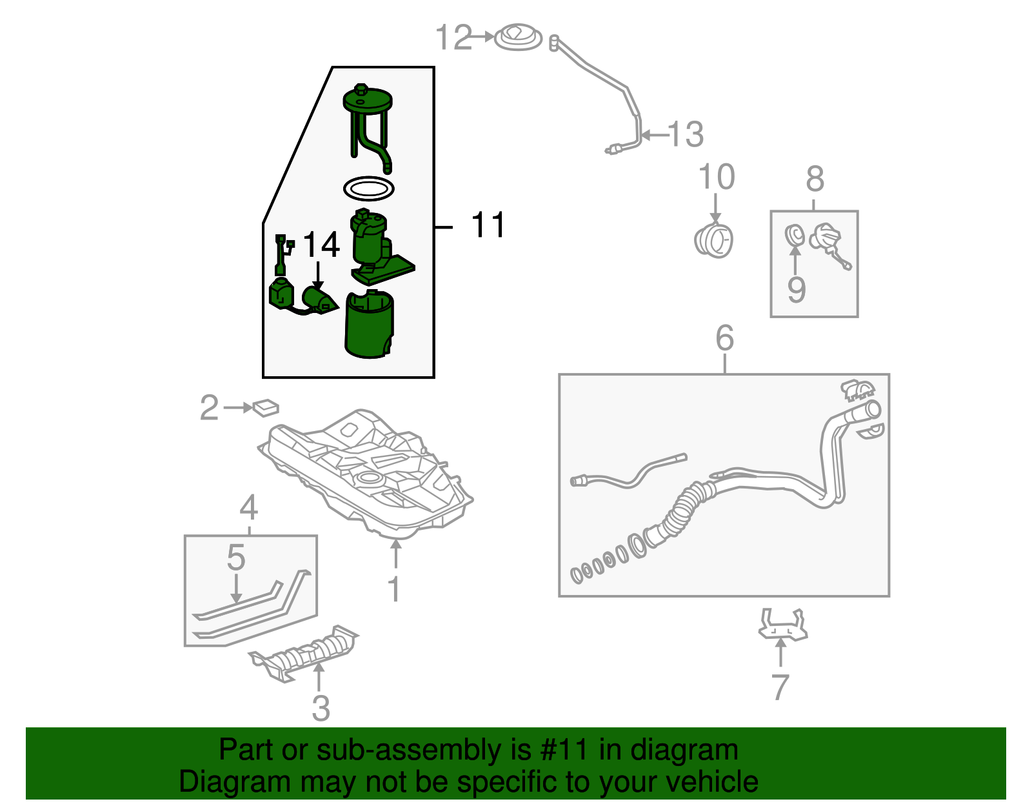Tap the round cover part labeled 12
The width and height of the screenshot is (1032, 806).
pyautogui.click(x=518, y=37)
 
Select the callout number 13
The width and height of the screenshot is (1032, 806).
pyautogui.click(x=686, y=135)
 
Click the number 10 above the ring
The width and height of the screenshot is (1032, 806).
pyautogui.click(x=716, y=177)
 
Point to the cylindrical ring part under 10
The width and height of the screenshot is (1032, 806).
pyautogui.click(x=714, y=241)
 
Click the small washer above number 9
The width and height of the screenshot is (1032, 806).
pyautogui.click(x=794, y=235)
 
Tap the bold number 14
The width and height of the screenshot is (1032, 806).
pyautogui.click(x=321, y=245)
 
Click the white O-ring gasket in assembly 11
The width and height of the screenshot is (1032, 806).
pyautogui.click(x=368, y=189)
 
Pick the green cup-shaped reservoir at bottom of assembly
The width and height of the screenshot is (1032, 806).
pyautogui.click(x=368, y=326)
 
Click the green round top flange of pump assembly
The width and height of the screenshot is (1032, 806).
pyautogui.click(x=368, y=101)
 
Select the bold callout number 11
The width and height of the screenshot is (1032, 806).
pyautogui.click(x=488, y=225)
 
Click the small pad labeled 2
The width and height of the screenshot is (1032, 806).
pyautogui.click(x=266, y=407)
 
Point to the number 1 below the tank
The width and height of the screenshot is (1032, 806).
pyautogui.click(x=394, y=589)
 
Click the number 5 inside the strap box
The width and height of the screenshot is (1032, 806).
pyautogui.click(x=236, y=558)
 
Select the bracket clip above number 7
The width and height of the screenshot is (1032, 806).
pyautogui.click(x=782, y=625)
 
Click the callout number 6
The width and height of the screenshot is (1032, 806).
pyautogui.click(x=724, y=338)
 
